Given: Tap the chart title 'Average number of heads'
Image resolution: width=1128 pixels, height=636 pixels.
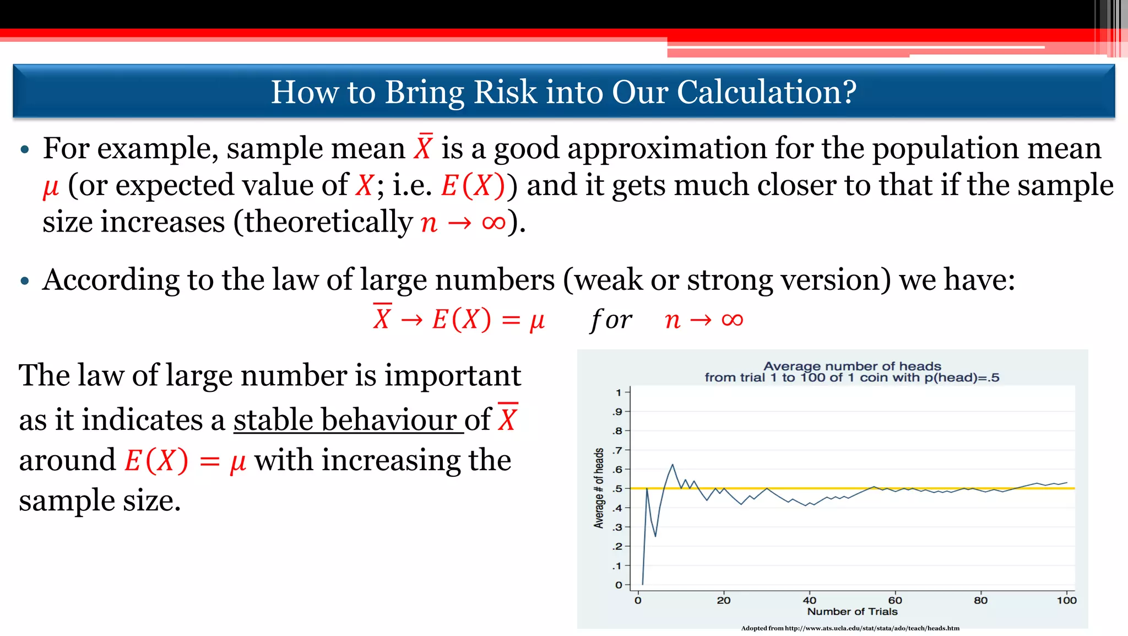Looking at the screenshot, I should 852,366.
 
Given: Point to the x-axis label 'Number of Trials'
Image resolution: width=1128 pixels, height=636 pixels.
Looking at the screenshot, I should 852,611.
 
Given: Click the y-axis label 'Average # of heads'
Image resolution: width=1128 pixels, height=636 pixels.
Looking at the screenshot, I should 599,488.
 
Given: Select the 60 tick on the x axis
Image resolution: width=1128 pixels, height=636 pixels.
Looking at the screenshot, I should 895,600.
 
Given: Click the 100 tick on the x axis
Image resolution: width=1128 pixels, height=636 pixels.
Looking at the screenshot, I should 1066,600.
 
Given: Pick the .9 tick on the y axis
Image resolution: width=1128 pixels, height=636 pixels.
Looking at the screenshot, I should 617,412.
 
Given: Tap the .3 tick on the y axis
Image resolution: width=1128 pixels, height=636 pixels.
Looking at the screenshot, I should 617,527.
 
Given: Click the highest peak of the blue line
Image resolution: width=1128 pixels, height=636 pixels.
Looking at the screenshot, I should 673,465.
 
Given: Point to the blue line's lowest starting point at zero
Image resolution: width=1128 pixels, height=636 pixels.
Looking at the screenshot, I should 643,584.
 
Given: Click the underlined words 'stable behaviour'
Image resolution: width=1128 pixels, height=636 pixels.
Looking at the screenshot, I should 348,420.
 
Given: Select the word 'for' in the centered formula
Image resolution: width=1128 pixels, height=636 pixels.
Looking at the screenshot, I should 611,320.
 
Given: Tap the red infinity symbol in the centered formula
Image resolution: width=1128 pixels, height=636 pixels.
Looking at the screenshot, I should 732,320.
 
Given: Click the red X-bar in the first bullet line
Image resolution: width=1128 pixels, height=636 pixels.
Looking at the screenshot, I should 424,148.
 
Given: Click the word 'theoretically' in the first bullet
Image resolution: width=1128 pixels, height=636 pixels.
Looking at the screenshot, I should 329,222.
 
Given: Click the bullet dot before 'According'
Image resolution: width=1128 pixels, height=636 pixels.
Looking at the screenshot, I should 24,281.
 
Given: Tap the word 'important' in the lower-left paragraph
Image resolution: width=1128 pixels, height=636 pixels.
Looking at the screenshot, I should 452,376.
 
